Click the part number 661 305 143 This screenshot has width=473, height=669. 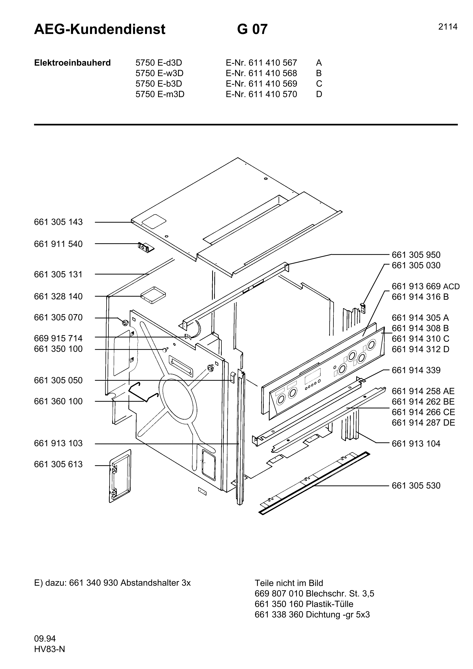pos(58,222)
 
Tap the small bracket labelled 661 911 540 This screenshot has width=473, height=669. pos(146,247)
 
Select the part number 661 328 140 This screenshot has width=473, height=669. pos(58,296)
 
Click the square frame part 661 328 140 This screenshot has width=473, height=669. pos(153,295)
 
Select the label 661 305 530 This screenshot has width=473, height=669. pos(416,486)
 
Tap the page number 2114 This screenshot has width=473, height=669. pos(448,27)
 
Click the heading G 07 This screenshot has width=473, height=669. pos(252,29)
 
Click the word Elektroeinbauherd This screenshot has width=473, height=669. pos(72,63)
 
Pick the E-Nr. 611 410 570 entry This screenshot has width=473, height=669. pos(261,94)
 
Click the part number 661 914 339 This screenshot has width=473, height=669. pos(416,370)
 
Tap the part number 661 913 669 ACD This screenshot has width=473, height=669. pos(425,286)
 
